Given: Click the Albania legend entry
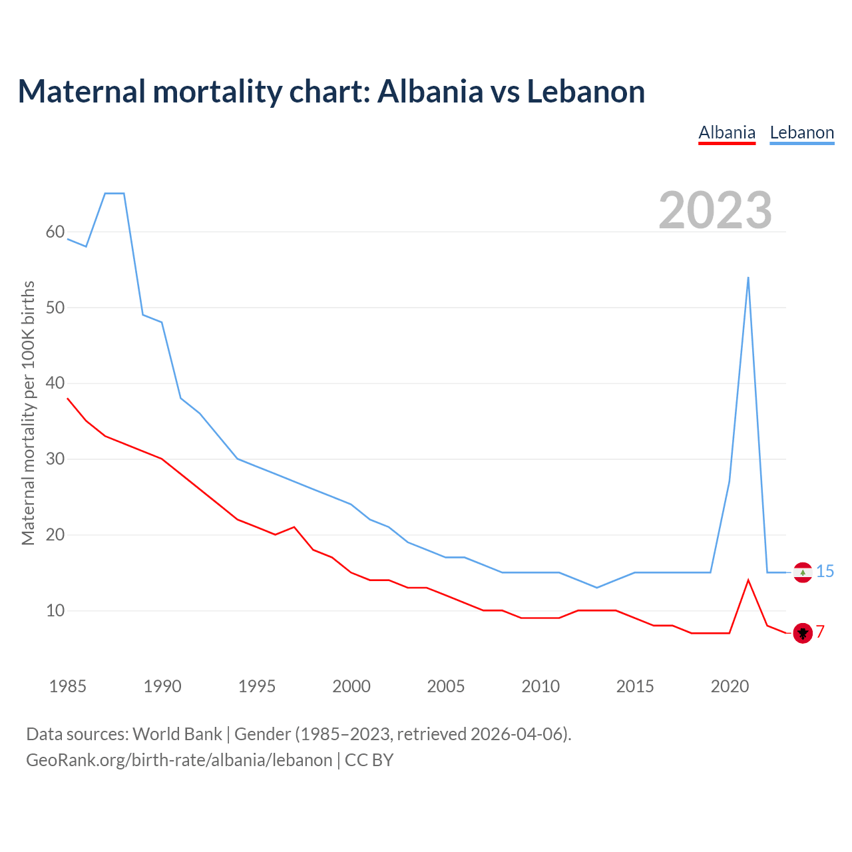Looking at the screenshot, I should coord(727,132).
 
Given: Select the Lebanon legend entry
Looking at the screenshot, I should coord(801,132).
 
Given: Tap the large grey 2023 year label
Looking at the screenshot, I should coord(716,210).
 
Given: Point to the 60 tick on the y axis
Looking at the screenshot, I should coord(55,232).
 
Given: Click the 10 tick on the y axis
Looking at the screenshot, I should coord(55,610).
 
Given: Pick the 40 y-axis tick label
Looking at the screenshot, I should coord(55,383).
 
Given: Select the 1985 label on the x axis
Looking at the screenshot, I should coord(68,686).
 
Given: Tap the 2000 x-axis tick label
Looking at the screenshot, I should coord(351,686).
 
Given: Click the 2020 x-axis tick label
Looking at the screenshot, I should coord(730,686).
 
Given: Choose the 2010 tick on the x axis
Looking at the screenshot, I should coord(540,686).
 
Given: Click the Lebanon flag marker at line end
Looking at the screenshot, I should coord(803,572).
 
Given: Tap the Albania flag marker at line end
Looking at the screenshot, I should coord(803,632).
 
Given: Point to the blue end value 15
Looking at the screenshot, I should coord(825,572).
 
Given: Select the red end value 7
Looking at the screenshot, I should coord(821,632).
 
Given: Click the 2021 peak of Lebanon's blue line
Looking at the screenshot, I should coord(748,278).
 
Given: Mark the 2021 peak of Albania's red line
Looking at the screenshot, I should coord(748,580).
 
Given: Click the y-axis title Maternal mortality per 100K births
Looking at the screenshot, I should coord(28,413).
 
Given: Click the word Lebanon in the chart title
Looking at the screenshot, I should coord(586,92).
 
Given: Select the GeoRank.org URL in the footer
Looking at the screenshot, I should coord(179,760).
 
